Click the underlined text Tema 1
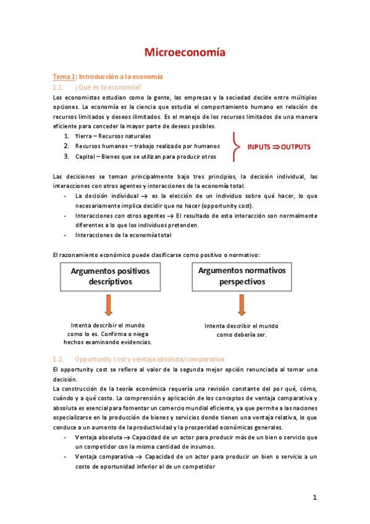pos(63,77)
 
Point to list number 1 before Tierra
pos(66,136)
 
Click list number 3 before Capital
pos(66,156)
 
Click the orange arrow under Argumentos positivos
pos(109,305)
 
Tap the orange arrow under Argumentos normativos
pos(242,305)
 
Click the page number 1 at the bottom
pos(314,497)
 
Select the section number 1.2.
pos(58,359)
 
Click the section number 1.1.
pos(58,87)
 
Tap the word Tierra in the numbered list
pos(83,136)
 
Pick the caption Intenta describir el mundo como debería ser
pos(242,330)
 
